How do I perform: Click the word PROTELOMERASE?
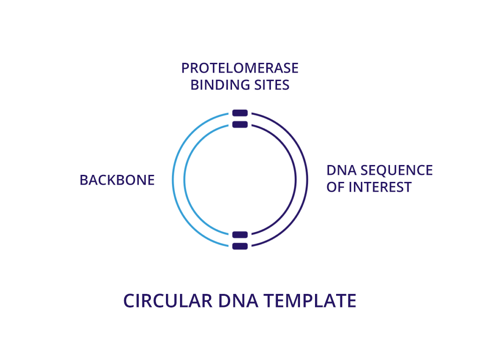point(240,68)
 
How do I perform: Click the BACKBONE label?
point(117,180)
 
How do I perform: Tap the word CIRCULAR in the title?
point(168,300)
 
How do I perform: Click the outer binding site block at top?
point(240,113)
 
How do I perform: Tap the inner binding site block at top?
point(240,124)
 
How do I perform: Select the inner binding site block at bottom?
point(240,235)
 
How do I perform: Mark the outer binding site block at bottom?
point(240,246)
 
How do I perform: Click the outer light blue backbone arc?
point(173,180)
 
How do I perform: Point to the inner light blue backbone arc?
point(185,180)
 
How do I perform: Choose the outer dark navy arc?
point(307,180)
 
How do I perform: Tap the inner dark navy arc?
point(296,180)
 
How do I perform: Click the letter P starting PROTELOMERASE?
point(185,68)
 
